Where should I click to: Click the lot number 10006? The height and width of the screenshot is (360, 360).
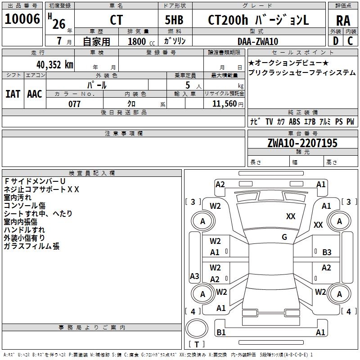pos(22,19)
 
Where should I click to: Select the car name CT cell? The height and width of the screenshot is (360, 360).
pos(116,21)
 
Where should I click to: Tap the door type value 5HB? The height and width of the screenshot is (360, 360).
pos(174,20)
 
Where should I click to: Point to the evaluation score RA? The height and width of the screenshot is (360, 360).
pos(343,21)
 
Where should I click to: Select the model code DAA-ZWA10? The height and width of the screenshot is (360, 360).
pos(258,41)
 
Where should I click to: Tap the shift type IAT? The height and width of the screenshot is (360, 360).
pos(13,94)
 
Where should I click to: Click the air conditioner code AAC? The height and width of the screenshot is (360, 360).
pos(35,94)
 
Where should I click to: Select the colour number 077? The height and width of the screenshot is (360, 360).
pos(75,104)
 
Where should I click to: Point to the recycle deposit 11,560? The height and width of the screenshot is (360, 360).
pos(224,104)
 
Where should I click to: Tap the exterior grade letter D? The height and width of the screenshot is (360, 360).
pos(335,41)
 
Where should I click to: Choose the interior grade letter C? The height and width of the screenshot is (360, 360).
pos(350,41)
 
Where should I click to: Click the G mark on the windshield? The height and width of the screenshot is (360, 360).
pos(284,237)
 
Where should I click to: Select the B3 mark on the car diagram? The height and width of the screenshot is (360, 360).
pos(327,252)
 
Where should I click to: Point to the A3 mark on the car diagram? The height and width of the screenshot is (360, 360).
pos(194,276)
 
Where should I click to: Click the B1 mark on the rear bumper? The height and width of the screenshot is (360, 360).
pos(221,332)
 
